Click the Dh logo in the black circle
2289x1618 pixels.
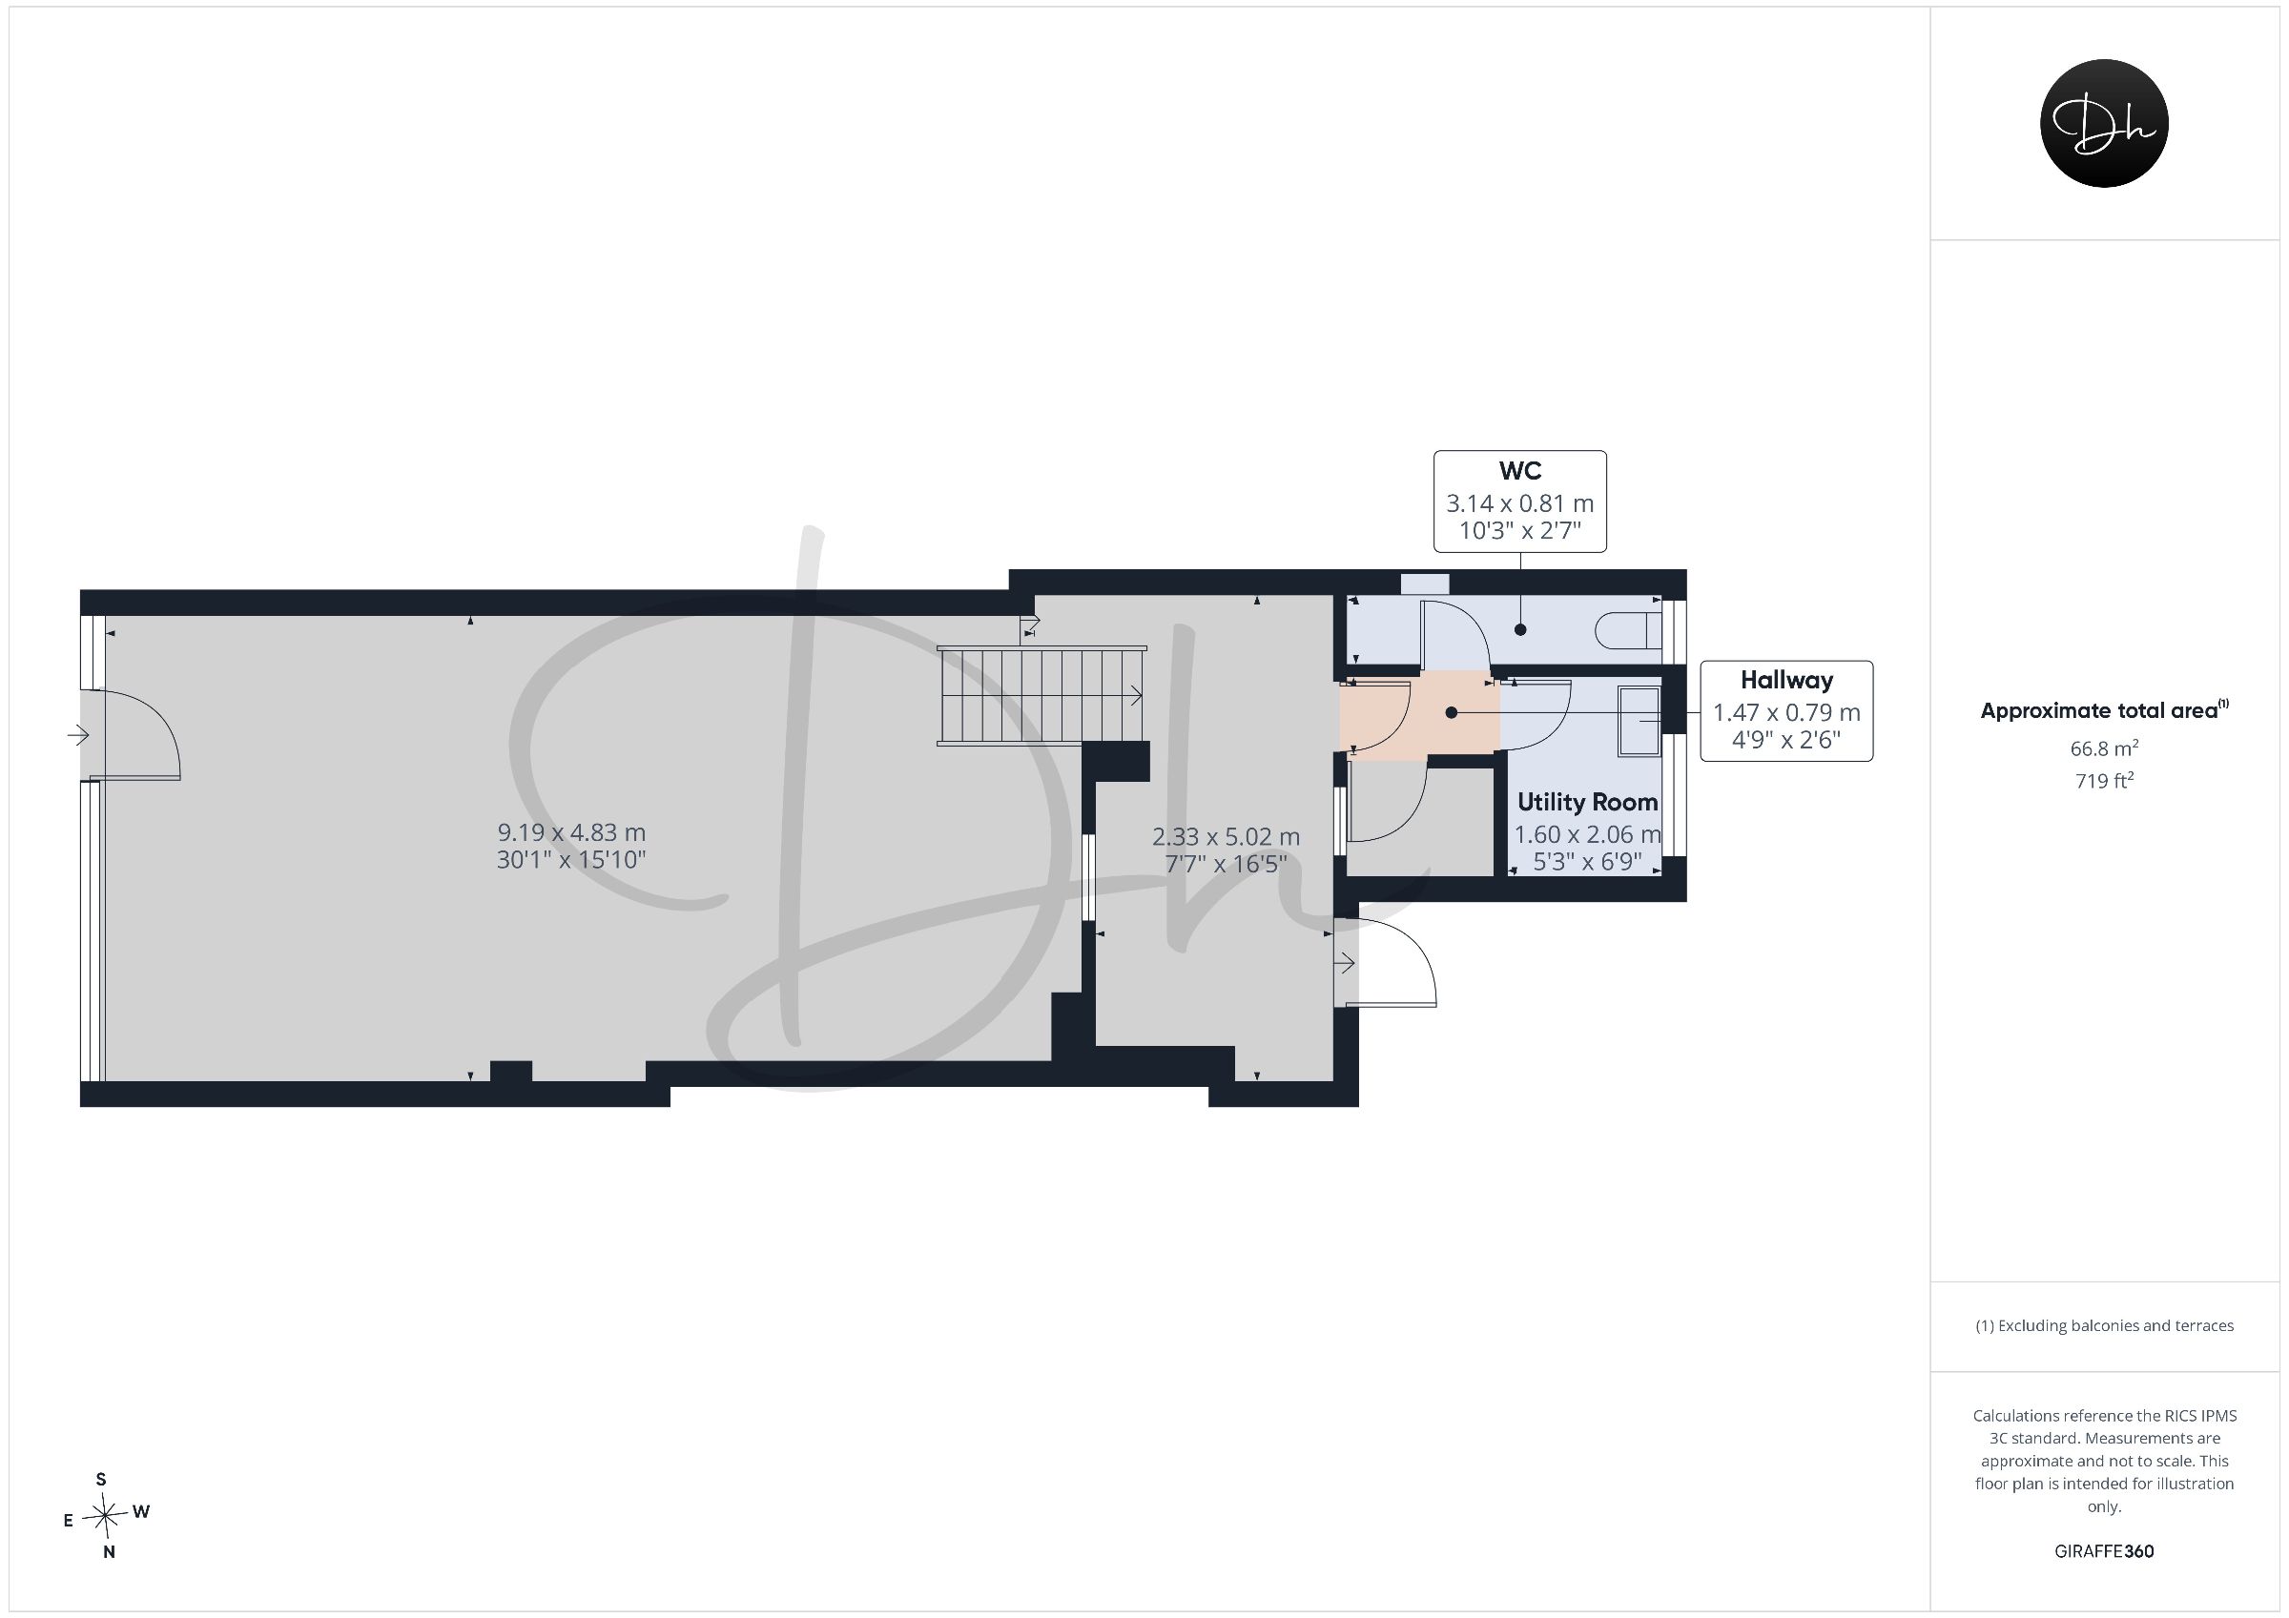point(2104,123)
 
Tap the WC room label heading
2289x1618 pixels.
point(1519,471)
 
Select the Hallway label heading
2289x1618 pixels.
point(1785,680)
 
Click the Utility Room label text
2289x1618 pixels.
point(1587,802)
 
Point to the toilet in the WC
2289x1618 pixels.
point(1628,630)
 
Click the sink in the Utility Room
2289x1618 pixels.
point(1639,721)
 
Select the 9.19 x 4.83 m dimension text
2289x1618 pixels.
point(571,831)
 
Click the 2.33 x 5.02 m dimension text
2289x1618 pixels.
point(1227,836)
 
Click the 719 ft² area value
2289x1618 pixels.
point(2104,781)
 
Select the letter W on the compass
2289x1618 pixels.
point(141,1511)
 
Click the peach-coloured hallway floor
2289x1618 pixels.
point(1420,715)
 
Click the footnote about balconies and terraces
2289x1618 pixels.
point(2104,1325)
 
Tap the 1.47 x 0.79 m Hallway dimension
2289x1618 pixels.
point(1786,713)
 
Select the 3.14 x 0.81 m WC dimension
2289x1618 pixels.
point(1519,503)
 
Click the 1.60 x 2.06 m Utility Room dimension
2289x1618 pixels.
point(1587,834)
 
